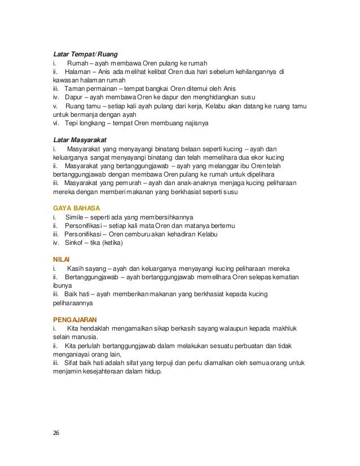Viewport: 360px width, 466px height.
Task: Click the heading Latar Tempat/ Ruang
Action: pyautogui.click(x=77, y=55)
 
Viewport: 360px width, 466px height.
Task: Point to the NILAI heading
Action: pyautogui.click(x=59, y=259)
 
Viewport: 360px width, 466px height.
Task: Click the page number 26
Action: pyautogui.click(x=55, y=433)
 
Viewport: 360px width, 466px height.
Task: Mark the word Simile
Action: pyautogui.click(x=75, y=217)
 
